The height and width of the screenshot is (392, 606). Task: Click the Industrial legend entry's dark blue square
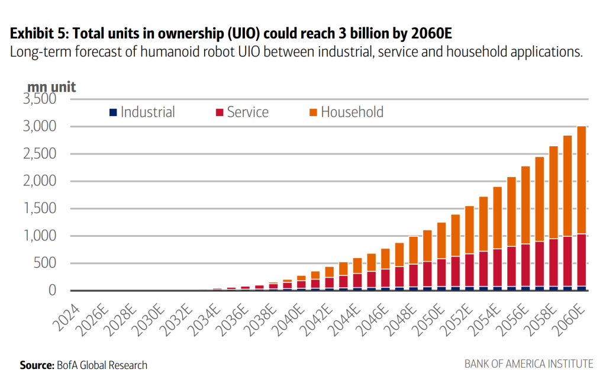click(112, 112)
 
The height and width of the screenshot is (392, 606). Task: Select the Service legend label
click(247, 112)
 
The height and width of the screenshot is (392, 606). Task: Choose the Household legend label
click(352, 112)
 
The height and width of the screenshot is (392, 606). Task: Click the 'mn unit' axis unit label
click(51, 86)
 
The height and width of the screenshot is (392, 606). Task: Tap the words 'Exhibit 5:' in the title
click(36, 31)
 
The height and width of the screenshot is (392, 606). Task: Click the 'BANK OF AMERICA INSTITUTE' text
click(528, 364)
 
